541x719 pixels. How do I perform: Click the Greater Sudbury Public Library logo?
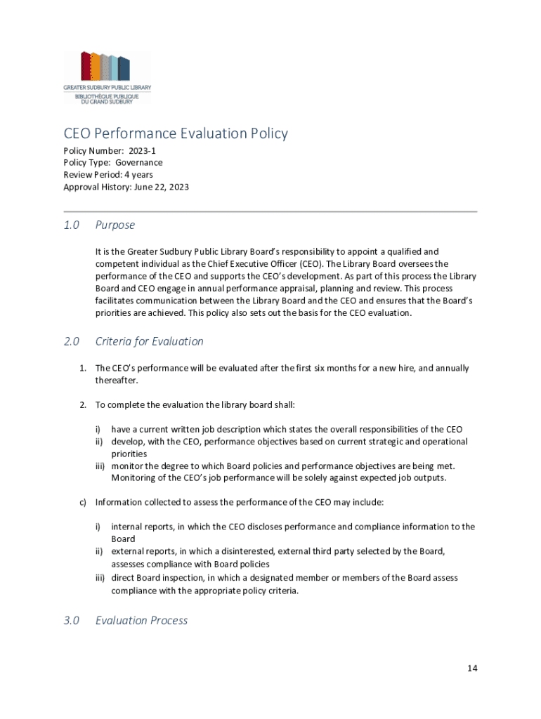point(107,77)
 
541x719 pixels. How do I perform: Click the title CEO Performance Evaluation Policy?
point(176,133)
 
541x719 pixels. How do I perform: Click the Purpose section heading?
point(115,225)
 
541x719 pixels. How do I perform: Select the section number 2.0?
point(71,341)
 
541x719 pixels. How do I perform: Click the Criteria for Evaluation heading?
point(149,341)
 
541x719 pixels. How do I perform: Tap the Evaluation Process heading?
point(141,620)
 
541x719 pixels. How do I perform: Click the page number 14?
point(472,668)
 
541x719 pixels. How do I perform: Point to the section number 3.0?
point(71,620)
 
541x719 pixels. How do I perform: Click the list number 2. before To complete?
point(82,404)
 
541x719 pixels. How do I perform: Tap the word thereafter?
point(117,381)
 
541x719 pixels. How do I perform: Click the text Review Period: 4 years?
point(108,175)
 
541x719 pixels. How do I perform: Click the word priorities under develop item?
point(129,454)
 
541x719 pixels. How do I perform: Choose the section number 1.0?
point(71,225)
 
